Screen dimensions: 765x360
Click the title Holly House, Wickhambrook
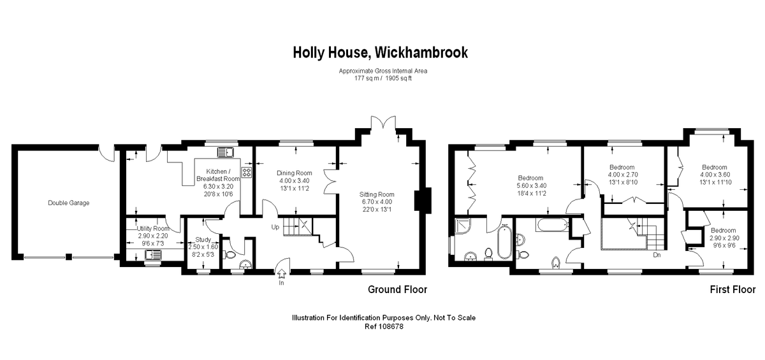(380, 52)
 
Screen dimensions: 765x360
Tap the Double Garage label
(69, 203)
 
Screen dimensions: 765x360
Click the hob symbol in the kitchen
(246, 173)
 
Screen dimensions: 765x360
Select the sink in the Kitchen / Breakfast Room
(226, 152)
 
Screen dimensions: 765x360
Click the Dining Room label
(294, 173)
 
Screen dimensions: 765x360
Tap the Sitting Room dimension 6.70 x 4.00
(377, 202)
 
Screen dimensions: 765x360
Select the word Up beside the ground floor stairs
(275, 227)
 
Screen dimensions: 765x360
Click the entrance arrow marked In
(281, 273)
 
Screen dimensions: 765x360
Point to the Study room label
(194, 240)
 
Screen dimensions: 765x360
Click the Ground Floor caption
(397, 290)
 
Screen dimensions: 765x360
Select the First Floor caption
(732, 290)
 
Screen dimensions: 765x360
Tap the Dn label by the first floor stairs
(656, 255)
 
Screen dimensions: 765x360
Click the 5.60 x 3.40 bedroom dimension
(530, 185)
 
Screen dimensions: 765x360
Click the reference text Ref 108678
(383, 326)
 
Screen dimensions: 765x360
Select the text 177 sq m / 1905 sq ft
(383, 78)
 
